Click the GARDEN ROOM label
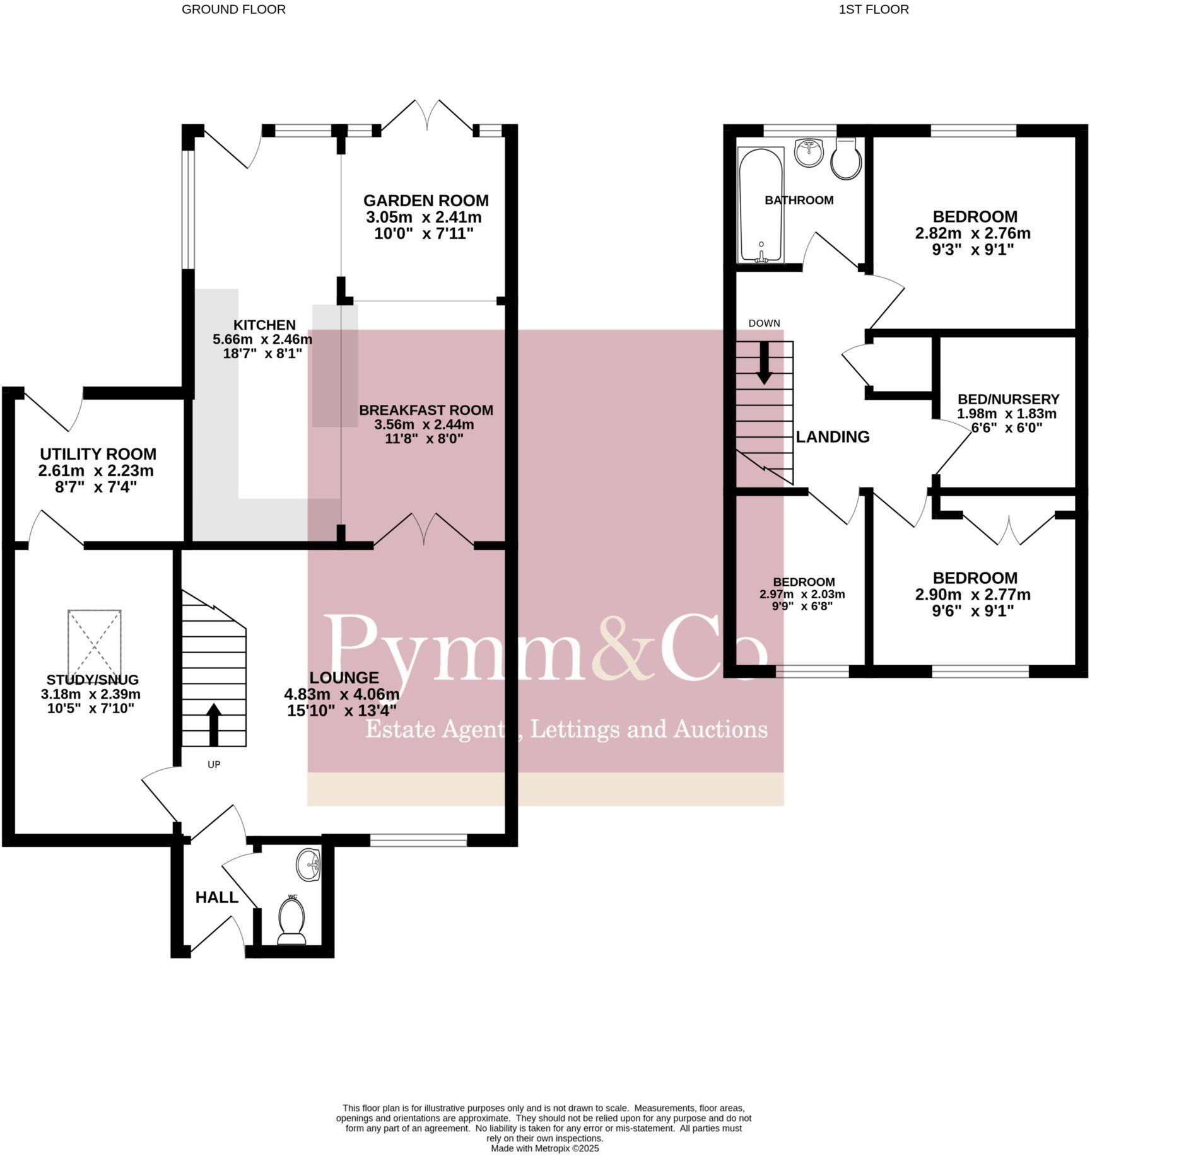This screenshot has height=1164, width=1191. point(426,201)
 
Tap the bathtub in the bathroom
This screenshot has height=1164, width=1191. point(761,205)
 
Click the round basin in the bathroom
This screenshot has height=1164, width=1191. point(810,152)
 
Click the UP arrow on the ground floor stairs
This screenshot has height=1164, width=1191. point(214,725)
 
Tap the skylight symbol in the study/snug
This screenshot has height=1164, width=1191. point(95,643)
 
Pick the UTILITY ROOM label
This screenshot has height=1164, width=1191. point(98,454)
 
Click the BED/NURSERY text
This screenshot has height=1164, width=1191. point(1008,399)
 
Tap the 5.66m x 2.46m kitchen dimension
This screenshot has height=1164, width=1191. point(262,339)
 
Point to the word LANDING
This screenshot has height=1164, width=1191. point(832,436)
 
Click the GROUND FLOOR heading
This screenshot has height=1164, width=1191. point(233,9)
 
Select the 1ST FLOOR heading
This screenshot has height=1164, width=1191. point(873,9)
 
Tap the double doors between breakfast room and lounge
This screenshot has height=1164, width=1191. point(424,530)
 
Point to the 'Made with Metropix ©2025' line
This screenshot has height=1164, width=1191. point(544,1149)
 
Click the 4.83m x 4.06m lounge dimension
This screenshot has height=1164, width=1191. point(341,694)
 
